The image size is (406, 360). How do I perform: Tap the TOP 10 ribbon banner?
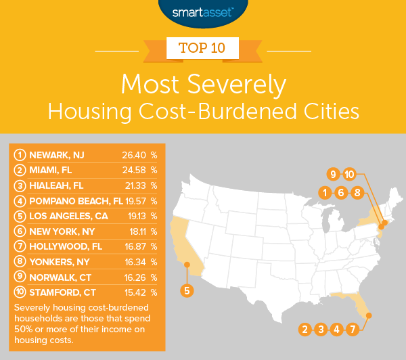click(203, 49)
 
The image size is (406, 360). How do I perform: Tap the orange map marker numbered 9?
click(332, 175)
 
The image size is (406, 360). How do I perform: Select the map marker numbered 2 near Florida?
click(305, 330)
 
